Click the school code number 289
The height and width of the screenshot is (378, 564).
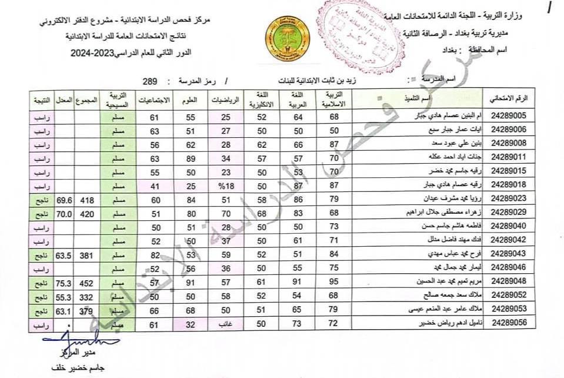tap(151, 80)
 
